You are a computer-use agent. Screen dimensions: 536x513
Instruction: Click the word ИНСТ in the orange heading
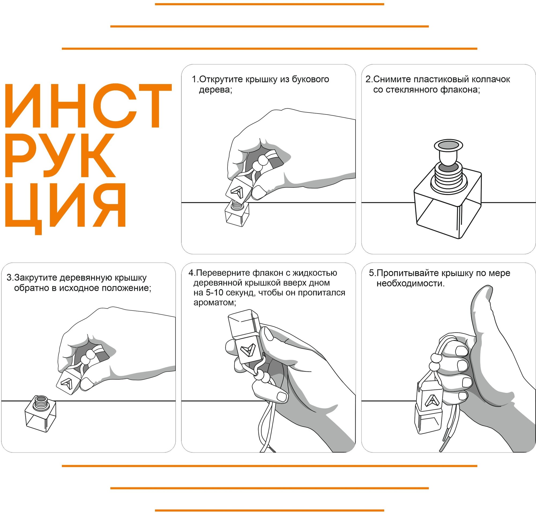click(x=88, y=106)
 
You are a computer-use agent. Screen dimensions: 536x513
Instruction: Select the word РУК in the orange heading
click(x=60, y=155)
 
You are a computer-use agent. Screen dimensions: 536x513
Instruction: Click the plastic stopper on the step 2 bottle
click(x=448, y=154)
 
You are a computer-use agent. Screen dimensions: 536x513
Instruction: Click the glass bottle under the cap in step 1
click(x=237, y=214)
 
